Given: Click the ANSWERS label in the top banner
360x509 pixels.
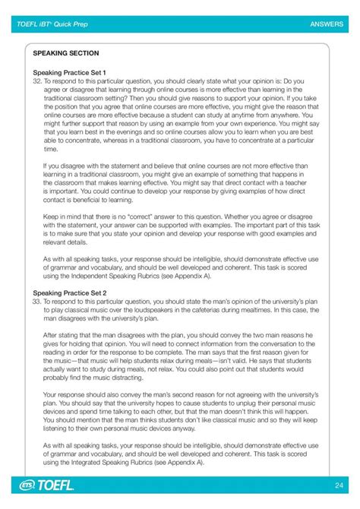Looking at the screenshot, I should (327, 24).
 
